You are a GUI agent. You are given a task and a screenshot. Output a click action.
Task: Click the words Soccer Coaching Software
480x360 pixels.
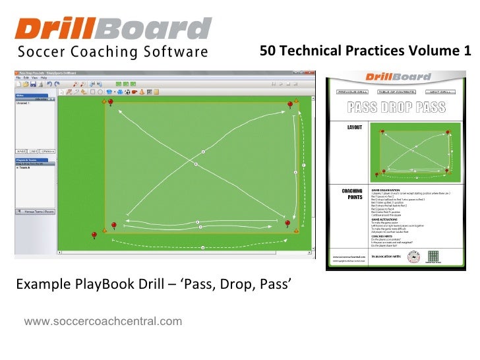point(113,52)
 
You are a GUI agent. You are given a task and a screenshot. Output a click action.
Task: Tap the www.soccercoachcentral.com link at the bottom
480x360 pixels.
point(103,321)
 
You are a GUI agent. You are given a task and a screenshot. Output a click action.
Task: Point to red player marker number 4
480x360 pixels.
point(110,103)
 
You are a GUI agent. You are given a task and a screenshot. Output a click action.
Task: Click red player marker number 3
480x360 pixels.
point(289,105)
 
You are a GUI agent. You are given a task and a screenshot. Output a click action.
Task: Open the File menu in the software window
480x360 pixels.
point(19,77)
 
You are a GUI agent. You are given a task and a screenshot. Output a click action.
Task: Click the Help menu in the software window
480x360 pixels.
point(42,77)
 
